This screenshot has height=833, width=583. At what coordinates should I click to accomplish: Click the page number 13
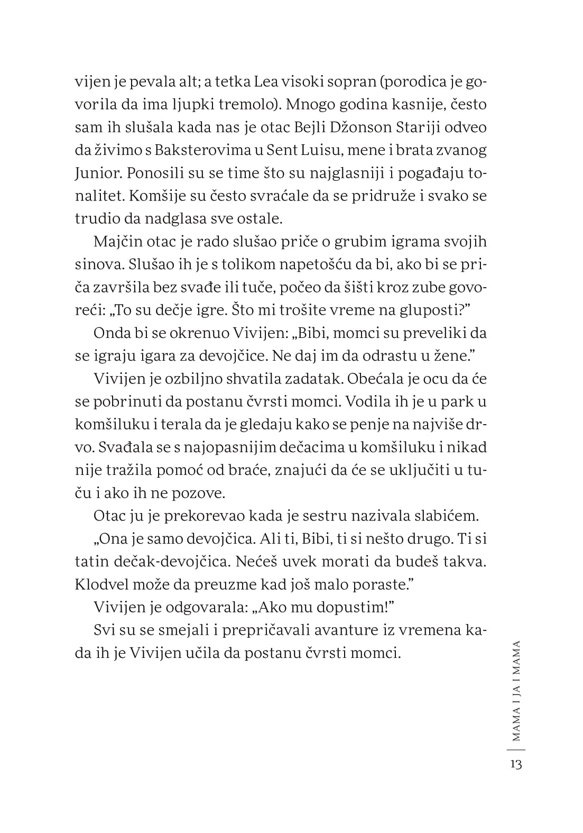click(x=516, y=764)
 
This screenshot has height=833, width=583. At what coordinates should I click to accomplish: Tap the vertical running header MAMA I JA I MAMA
click(x=516, y=690)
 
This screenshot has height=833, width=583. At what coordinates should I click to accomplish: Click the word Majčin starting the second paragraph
click(x=119, y=241)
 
